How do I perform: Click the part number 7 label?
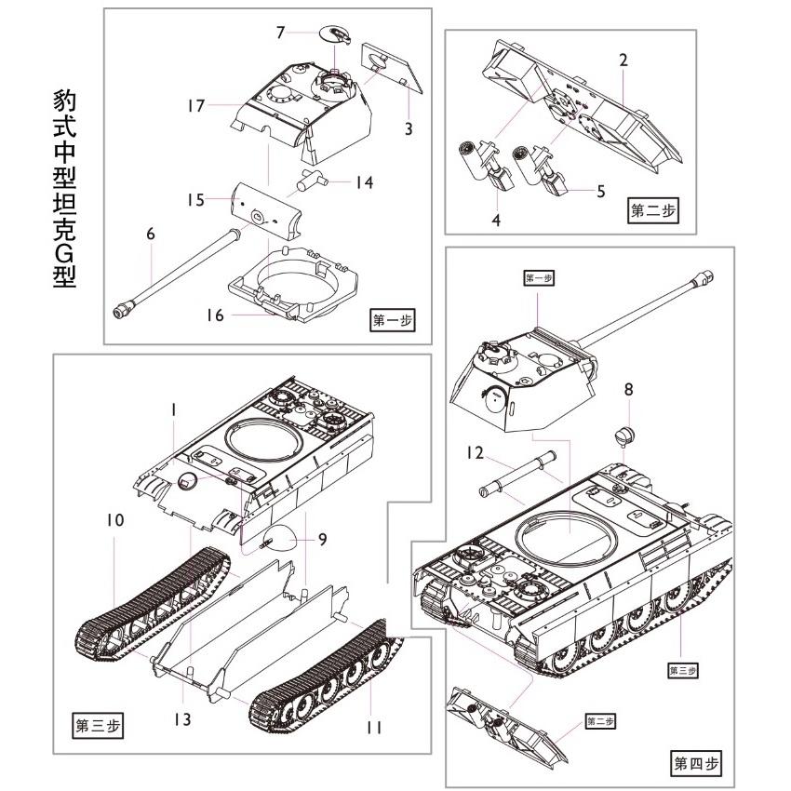[x=280, y=33]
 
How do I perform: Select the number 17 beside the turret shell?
[x=194, y=106]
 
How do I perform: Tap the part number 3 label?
[x=408, y=128]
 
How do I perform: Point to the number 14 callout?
[x=364, y=182]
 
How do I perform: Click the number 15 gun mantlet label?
[x=194, y=200]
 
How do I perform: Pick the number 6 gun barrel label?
[x=150, y=235]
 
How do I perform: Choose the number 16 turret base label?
[x=215, y=315]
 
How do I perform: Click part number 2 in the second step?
[x=623, y=60]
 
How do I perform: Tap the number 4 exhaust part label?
[x=496, y=221]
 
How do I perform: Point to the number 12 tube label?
[x=476, y=453]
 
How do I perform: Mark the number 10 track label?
[x=114, y=520]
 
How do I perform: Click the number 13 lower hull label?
[x=182, y=717]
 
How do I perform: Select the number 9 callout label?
[x=322, y=539]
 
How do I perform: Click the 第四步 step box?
[x=695, y=764]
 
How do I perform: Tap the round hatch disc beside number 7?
[x=333, y=35]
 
